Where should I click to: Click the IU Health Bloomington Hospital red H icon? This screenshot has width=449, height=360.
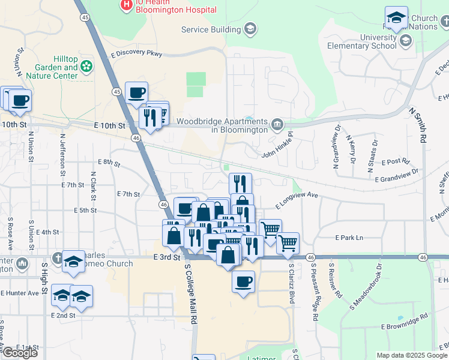pos(127,5)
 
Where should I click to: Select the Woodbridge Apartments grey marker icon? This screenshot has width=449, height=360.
pos(277,125)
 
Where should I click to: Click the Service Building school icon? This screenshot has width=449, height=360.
pos(250,29)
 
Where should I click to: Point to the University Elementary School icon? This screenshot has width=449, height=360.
pos(406,41)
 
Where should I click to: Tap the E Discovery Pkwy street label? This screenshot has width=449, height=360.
pos(136,53)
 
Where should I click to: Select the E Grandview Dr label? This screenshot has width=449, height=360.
pos(396,176)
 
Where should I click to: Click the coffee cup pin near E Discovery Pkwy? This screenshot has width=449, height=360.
pos(136,92)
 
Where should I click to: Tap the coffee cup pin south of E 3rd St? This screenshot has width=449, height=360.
pos(243,281)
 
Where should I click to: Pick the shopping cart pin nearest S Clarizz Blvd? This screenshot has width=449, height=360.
pos(288,242)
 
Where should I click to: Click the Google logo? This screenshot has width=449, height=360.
pos(20,353)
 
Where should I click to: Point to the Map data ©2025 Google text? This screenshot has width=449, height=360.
pos(411,355)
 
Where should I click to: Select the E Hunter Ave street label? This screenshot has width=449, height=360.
pos(24,293)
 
